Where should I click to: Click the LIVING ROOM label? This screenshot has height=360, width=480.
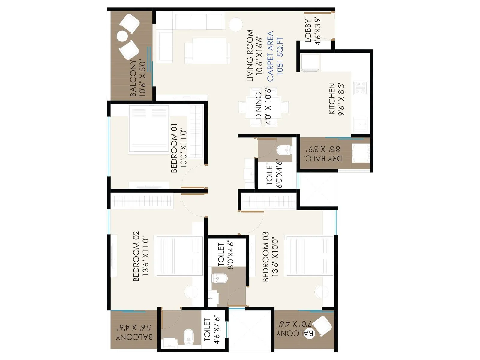[x=254, y=55]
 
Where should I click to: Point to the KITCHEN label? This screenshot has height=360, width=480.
[x=336, y=99]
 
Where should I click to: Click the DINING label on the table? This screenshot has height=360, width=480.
[x=263, y=106]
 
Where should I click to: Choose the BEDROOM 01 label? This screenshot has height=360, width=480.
[x=178, y=148]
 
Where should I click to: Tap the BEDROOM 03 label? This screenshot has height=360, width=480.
[x=270, y=256]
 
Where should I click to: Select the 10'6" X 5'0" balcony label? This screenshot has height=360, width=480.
[x=138, y=78]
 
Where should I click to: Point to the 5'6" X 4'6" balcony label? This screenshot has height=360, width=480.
[x=134, y=332]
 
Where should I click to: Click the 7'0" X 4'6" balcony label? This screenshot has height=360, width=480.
[x=295, y=329]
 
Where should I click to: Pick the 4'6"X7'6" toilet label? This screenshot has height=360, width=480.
[x=211, y=330]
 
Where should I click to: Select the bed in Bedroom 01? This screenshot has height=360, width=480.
[x=149, y=129]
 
